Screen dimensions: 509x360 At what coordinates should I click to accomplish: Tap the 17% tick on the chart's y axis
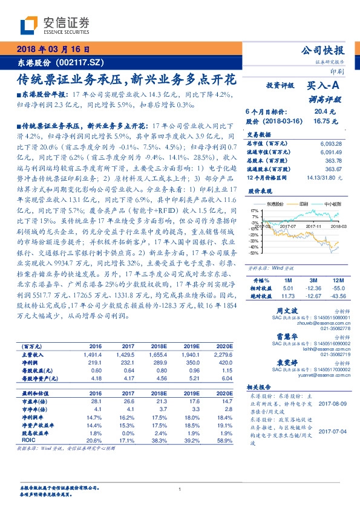[254, 211]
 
